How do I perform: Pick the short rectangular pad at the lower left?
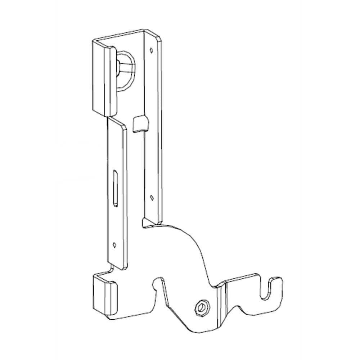click(105, 294)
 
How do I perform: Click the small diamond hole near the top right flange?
click(152, 50)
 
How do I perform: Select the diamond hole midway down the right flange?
click(152, 197)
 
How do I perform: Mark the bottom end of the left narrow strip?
click(119, 268)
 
